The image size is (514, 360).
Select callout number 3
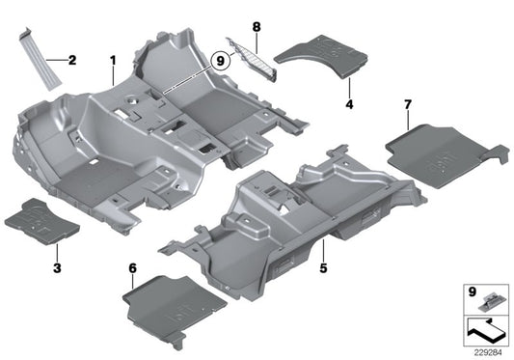pos(57,265)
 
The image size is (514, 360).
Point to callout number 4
pos(349,101)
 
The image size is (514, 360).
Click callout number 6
pos(131,265)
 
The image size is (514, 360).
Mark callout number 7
pos(408,102)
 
